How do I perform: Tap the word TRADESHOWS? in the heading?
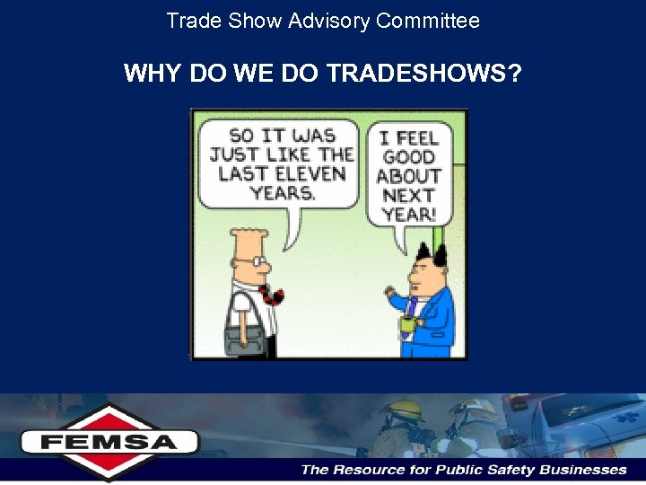tap(423, 73)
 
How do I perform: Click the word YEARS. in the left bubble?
tap(282, 192)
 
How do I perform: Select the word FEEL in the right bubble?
tap(418, 138)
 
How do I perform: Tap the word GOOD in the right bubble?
tap(408, 157)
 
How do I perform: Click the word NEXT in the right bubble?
tap(408, 196)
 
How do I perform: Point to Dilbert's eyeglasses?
tap(259, 261)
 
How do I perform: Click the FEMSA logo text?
tap(109, 442)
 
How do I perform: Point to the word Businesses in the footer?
tap(581, 470)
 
